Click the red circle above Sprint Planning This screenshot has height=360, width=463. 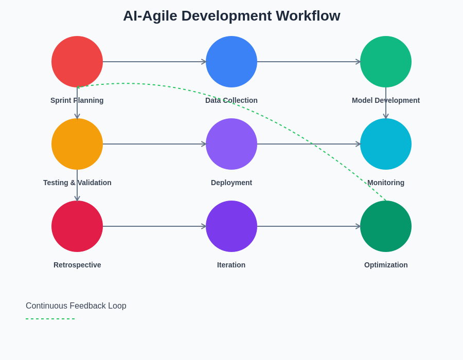point(77,62)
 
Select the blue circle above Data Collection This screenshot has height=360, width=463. point(232,62)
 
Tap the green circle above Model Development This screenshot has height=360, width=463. point(386,62)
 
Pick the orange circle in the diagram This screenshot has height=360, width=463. point(77,144)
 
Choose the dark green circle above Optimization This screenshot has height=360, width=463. point(386,226)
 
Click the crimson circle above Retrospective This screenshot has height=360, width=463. point(77,226)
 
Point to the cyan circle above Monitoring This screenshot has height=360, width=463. point(386,144)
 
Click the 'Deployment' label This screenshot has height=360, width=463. point(232,183)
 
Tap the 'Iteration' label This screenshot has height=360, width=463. point(232,265)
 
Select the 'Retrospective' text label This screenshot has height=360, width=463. point(77,265)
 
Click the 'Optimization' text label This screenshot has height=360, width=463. point(386,265)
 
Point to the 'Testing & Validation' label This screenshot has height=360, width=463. point(77,183)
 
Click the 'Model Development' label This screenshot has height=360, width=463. point(386,100)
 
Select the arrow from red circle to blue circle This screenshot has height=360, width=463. point(154,62)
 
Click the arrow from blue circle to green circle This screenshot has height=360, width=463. point(309,62)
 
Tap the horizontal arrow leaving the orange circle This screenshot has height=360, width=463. point(154,144)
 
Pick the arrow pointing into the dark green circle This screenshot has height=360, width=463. point(309,226)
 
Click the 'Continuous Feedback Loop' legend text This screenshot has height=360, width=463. point(76,306)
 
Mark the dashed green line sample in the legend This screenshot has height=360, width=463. point(50,319)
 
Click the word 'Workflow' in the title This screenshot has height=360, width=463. point(308,16)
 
